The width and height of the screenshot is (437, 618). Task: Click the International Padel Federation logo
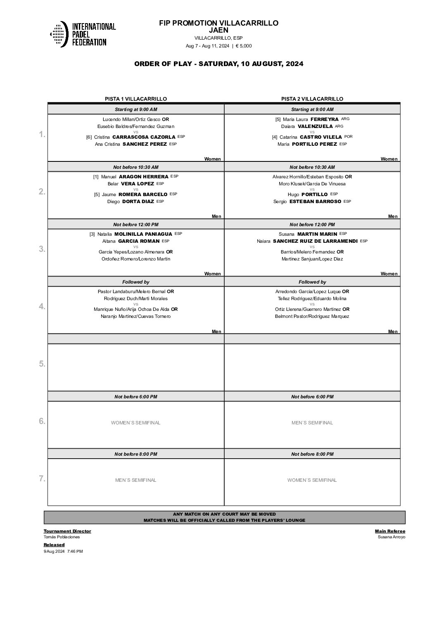click(83, 34)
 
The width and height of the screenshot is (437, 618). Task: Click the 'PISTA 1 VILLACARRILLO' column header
click(135, 99)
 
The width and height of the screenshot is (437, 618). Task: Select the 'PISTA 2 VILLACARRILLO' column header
click(312, 99)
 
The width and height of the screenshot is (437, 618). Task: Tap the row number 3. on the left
click(42, 249)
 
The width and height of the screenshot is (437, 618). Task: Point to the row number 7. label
click(42, 478)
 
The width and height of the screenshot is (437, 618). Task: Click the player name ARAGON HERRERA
click(143, 177)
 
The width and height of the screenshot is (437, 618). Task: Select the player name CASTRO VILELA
click(321, 137)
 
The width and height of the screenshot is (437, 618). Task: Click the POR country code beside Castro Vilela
click(348, 137)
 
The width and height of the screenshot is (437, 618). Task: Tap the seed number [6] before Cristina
click(89, 137)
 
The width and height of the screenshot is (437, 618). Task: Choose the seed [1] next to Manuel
click(96, 177)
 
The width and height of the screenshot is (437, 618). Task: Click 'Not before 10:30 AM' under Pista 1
click(135, 167)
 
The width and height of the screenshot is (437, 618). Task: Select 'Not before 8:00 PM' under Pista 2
click(312, 454)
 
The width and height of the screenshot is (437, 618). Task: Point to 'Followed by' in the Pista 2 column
click(312, 282)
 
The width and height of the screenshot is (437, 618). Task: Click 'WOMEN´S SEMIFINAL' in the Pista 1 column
click(135, 423)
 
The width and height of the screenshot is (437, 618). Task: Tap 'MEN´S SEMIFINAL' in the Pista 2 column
click(312, 423)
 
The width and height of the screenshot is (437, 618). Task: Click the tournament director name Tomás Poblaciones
click(62, 537)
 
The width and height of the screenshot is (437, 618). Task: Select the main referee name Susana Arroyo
click(391, 537)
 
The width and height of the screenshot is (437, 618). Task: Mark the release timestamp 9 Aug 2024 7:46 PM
click(63, 551)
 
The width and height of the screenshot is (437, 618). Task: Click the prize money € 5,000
click(244, 46)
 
